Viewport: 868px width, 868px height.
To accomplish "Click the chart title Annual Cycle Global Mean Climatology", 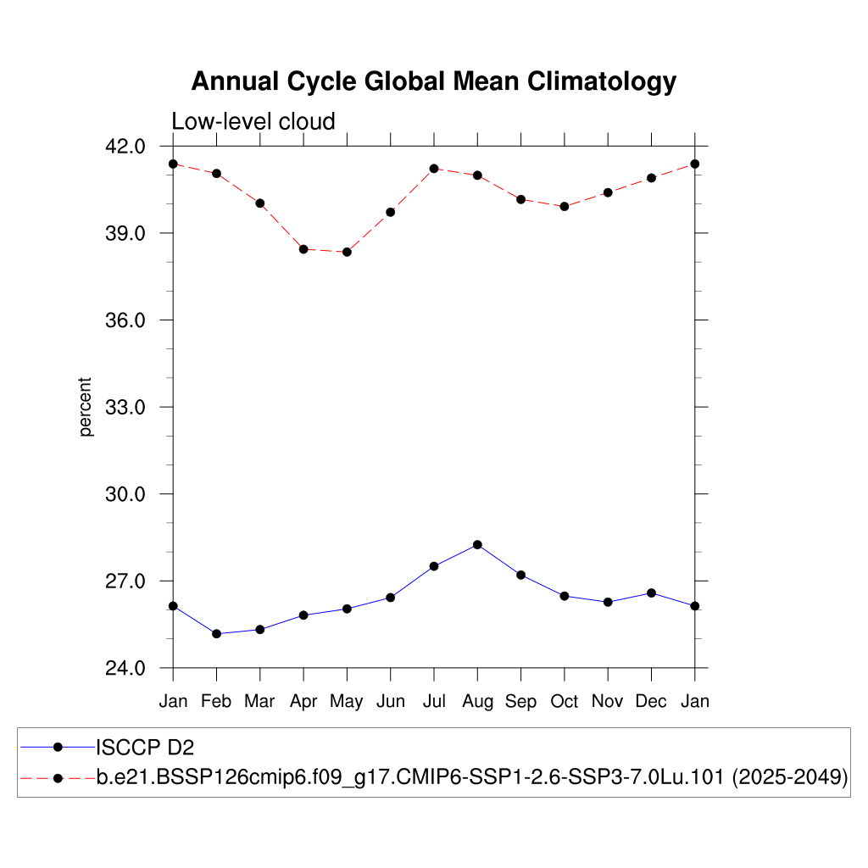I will tap(433, 81).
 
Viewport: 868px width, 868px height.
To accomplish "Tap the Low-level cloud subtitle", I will tap(253, 121).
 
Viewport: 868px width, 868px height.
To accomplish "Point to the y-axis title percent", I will tap(86, 407).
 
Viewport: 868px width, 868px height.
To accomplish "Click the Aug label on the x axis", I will tap(477, 702).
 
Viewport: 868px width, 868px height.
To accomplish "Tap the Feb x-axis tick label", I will tap(216, 702).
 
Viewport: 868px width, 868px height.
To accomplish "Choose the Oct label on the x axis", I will tap(565, 702).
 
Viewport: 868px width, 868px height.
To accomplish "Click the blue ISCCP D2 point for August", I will tap(477, 544).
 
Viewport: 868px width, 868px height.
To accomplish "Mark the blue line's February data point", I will tap(216, 634).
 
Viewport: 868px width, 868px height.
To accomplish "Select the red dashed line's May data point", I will tap(347, 252).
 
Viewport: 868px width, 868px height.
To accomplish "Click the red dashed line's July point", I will tap(434, 168).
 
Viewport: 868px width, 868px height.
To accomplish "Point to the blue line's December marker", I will tap(651, 593).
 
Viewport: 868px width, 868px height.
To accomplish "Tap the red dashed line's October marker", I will tap(565, 206).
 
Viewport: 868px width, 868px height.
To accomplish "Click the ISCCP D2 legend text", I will tap(146, 747).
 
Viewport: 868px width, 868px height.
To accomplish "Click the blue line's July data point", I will tap(434, 566).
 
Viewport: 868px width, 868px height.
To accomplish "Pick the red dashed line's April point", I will tap(303, 249).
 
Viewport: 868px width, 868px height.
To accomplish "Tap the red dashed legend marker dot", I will tap(58, 777).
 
